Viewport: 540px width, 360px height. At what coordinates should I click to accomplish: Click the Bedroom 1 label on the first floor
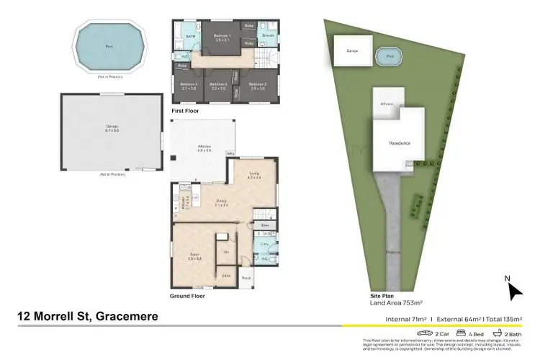(x=221, y=36)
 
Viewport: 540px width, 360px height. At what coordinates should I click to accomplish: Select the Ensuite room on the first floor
(x=268, y=35)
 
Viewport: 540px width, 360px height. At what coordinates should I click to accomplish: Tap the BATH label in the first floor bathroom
(x=191, y=35)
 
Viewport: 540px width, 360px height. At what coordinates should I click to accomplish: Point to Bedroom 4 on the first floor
(x=188, y=86)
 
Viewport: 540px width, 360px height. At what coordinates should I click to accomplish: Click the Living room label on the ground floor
(x=254, y=174)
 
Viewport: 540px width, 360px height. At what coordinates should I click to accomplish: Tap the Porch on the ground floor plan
(x=246, y=277)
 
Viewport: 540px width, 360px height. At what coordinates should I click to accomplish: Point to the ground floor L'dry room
(x=264, y=246)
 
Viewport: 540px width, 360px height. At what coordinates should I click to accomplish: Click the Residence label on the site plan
(x=400, y=143)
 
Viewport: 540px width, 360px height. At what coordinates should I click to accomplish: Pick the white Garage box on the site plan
(x=352, y=51)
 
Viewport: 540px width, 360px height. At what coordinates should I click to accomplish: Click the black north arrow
(x=515, y=290)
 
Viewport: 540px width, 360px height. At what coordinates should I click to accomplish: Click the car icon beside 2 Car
(x=427, y=333)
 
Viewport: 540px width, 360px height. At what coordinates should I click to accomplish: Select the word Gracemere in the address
(x=120, y=316)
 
